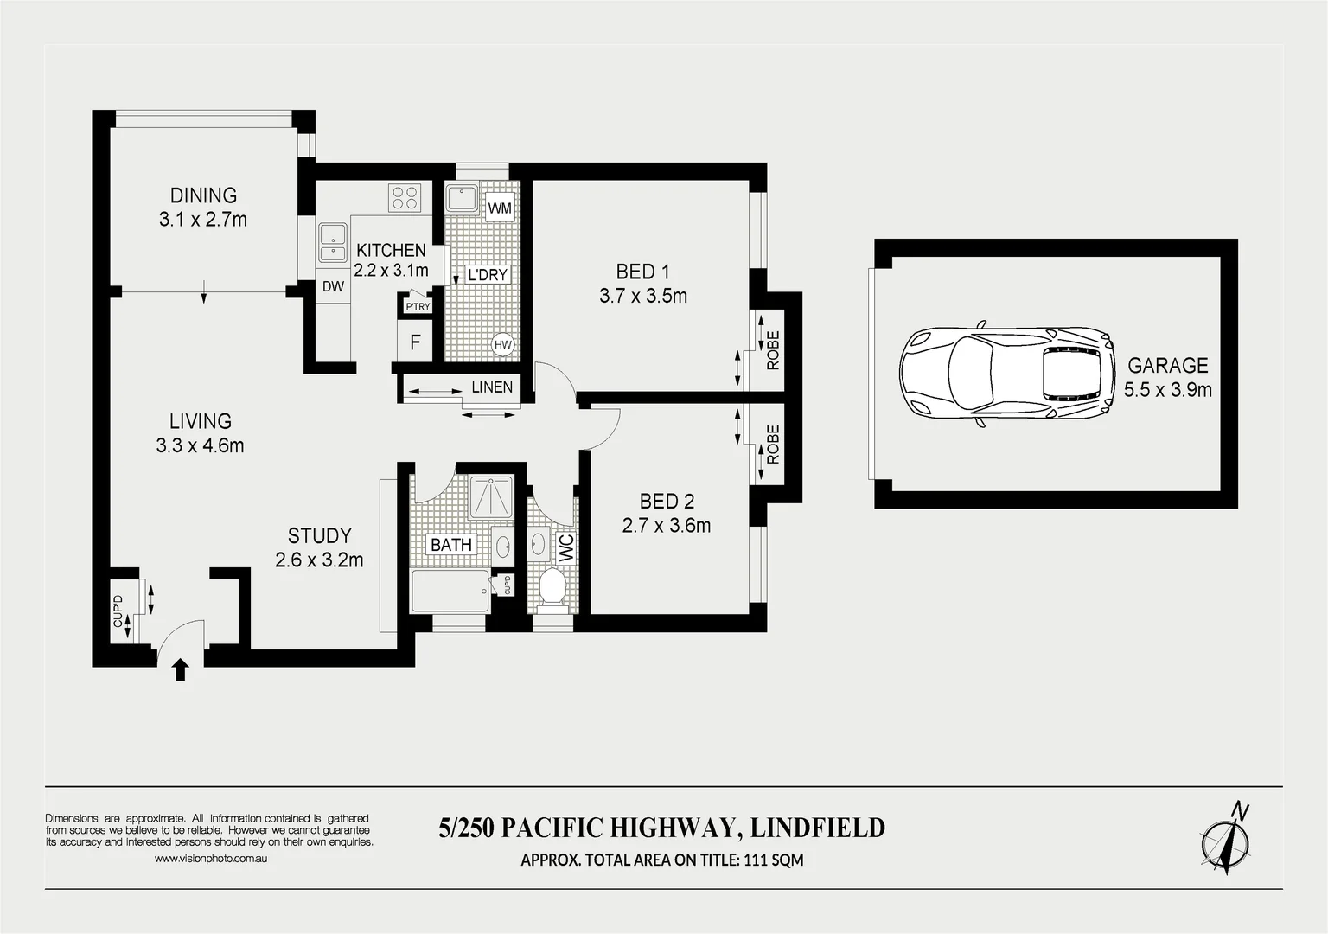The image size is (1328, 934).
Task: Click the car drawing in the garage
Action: click(x=1006, y=374)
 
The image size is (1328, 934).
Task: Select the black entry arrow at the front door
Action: click(x=180, y=669)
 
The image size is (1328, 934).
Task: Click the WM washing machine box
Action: click(x=500, y=208)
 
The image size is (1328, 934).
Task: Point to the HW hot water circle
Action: click(x=503, y=345)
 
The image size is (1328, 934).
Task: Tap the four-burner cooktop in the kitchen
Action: click(x=405, y=198)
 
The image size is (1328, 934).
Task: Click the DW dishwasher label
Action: click(x=333, y=287)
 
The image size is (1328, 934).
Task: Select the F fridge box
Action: click(x=415, y=342)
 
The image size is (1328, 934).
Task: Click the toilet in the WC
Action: click(x=551, y=587)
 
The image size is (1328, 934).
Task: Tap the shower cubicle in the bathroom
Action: click(x=491, y=496)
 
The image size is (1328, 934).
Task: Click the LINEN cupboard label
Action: click(x=492, y=387)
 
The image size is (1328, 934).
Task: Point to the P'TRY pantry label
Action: click(x=418, y=306)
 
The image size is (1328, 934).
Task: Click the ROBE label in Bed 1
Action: click(x=773, y=350)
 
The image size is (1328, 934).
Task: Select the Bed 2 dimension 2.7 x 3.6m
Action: click(x=666, y=525)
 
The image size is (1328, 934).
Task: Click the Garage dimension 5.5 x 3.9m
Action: click(x=1167, y=389)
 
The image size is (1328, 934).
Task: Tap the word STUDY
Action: click(x=319, y=535)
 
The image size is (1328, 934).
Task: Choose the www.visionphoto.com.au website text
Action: click(x=211, y=859)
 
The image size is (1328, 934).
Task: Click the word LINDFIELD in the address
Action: click(x=817, y=828)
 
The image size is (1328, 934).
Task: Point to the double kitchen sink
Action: click(x=330, y=241)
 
